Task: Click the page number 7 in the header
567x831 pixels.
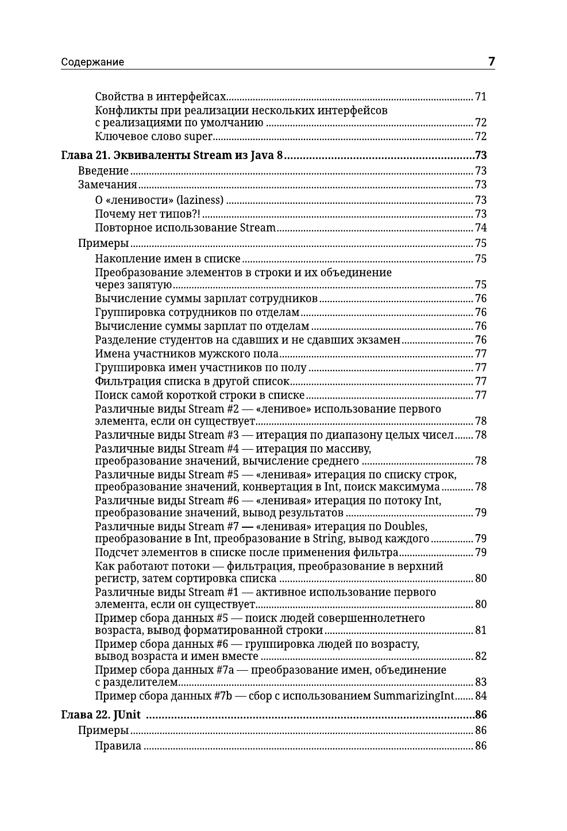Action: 491,61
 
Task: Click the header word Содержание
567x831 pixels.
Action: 92,62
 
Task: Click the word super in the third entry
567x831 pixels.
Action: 198,137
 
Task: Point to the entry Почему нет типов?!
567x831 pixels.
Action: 148,214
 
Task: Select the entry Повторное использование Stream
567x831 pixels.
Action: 185,228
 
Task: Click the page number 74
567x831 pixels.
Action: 481,228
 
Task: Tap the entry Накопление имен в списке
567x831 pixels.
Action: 168,259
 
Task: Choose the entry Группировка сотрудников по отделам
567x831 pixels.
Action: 197,312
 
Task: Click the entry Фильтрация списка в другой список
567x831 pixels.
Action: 192,381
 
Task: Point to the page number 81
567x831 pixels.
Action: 481,631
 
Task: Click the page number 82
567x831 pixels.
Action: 481,656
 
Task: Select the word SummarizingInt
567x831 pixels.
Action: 414,696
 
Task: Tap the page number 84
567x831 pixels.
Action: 481,696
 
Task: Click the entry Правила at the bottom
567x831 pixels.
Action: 118,746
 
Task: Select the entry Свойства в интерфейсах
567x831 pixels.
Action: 161,96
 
